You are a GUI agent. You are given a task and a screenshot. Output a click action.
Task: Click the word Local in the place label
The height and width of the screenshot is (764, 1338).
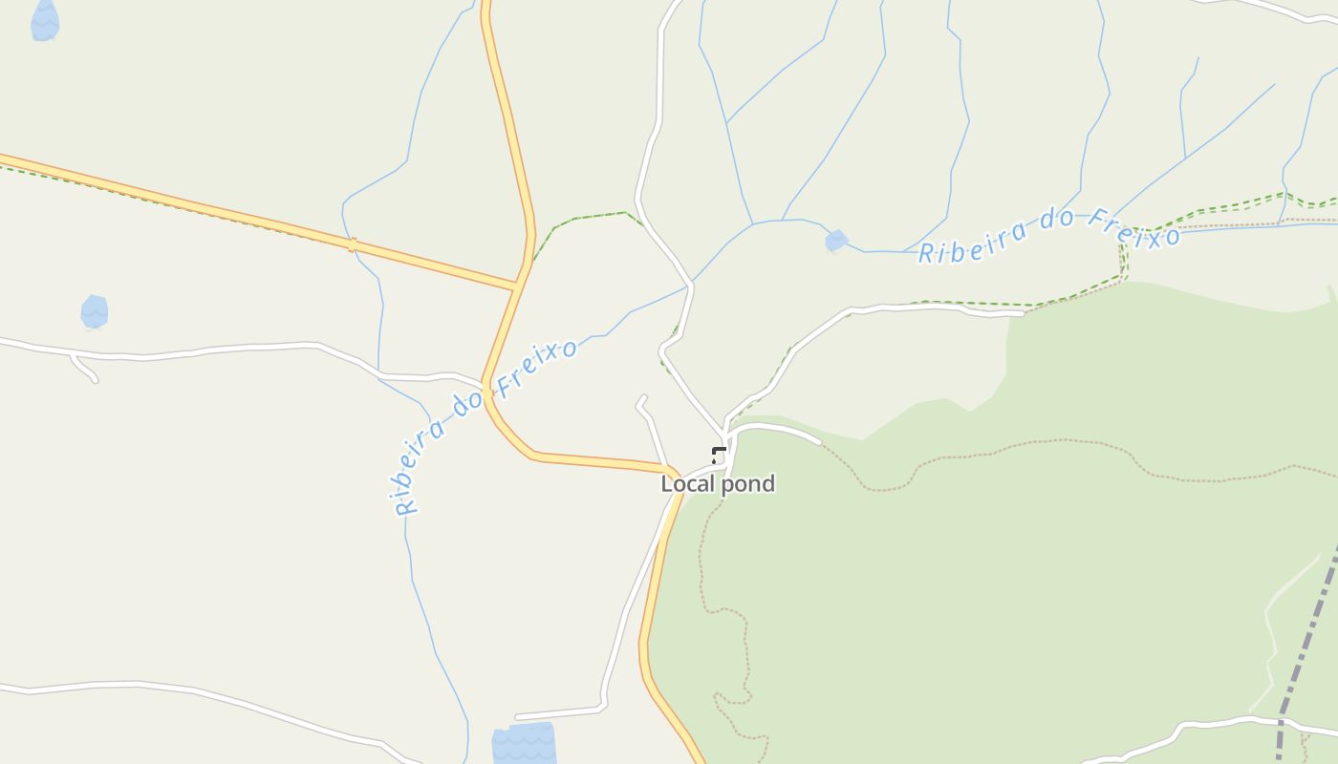point(687,484)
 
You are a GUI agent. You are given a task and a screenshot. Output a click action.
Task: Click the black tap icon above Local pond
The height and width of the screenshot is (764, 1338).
point(719,455)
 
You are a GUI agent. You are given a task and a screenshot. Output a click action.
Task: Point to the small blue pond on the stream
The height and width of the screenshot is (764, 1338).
point(836,241)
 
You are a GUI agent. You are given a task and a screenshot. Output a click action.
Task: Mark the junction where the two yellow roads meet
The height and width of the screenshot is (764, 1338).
point(518,285)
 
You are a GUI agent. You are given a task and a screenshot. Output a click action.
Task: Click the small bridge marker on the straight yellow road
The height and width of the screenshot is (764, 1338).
point(352,245)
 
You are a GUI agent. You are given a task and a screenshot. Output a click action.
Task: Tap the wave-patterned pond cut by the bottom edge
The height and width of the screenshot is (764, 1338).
point(524,744)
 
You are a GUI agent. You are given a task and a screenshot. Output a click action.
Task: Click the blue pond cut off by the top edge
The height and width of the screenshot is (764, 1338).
point(45,21)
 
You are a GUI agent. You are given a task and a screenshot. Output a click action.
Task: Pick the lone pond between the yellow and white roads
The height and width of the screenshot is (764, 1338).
point(94,311)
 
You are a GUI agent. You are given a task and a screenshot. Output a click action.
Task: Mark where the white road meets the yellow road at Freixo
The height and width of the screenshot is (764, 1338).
point(485,385)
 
